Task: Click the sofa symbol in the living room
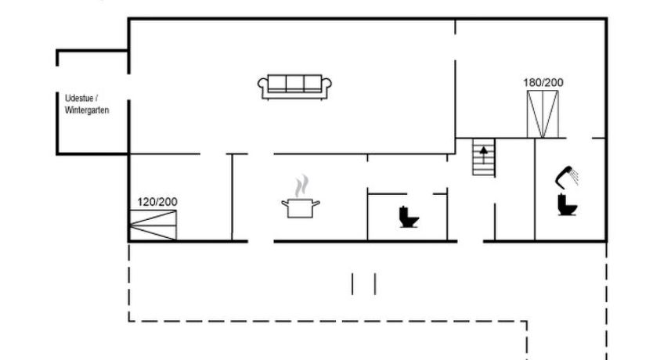point(294,87)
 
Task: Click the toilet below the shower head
point(567,205)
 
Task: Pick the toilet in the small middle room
point(409,217)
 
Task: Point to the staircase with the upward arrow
point(484,157)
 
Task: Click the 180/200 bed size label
point(543,82)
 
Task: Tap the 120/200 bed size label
point(157,202)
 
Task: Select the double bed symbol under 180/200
point(543,114)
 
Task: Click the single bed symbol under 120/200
point(153,225)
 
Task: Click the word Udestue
point(79,99)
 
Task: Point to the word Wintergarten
point(87,110)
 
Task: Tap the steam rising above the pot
point(302,185)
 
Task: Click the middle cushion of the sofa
point(294,83)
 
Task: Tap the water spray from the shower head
point(574,176)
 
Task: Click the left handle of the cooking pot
point(284,203)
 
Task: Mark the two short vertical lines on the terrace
point(363,284)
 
